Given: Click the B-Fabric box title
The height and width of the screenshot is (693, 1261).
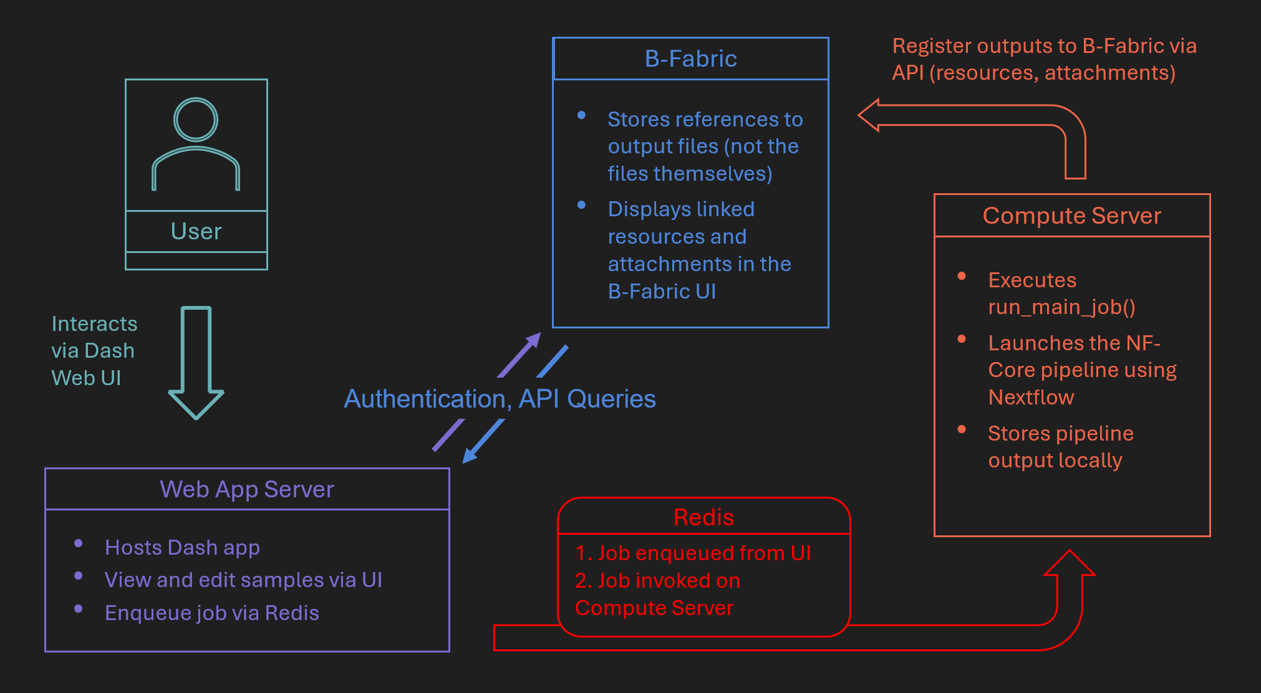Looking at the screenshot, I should click(x=690, y=59).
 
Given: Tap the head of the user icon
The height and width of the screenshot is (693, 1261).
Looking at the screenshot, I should click(x=196, y=119).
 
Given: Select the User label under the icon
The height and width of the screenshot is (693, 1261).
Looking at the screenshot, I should click(x=196, y=231).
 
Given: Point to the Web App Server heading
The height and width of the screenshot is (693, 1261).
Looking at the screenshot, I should click(x=247, y=489).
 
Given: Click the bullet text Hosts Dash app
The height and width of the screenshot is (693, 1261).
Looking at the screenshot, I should click(x=182, y=547).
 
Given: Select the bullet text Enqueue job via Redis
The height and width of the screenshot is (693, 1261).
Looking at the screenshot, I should click(x=211, y=613).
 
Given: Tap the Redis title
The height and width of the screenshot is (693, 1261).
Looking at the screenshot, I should click(x=703, y=517).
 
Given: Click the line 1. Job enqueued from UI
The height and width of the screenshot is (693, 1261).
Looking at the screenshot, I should click(x=693, y=553).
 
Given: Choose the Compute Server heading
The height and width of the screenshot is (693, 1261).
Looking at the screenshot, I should click(x=1071, y=216).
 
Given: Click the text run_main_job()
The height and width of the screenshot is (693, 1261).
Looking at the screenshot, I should click(x=1061, y=307).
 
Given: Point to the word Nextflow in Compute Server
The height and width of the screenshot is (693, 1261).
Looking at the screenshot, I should click(x=1031, y=397).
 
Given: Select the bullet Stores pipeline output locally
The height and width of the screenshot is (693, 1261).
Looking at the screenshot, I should click(x=1060, y=447).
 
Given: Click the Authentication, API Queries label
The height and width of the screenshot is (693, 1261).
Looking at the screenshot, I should click(x=500, y=399).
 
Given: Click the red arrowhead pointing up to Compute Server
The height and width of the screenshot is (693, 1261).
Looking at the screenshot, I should click(x=1070, y=563).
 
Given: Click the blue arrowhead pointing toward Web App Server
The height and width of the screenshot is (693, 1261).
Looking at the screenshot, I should click(x=470, y=456).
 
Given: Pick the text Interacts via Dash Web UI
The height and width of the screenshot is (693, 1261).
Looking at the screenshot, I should click(x=94, y=351).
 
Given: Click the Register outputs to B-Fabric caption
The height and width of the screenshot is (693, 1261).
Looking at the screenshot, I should click(x=1044, y=59).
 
